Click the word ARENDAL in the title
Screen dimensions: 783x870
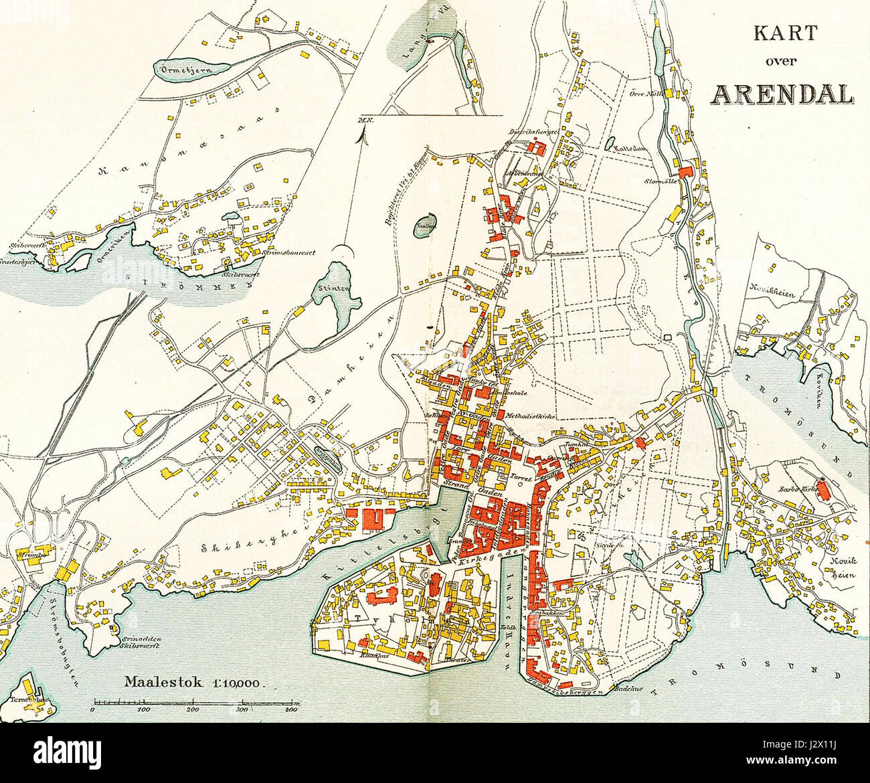(x=781, y=94)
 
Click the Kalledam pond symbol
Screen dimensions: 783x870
(x=610, y=143)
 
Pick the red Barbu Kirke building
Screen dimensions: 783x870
(x=824, y=492)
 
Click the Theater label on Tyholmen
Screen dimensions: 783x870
(x=445, y=659)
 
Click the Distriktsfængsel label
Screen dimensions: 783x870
(x=534, y=132)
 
